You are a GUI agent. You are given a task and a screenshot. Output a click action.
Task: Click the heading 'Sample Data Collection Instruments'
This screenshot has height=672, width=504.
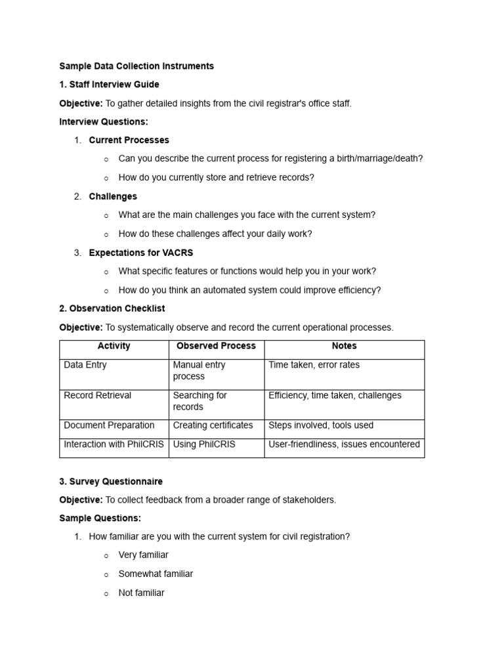point(136,66)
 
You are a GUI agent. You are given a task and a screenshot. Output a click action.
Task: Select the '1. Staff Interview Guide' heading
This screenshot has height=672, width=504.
point(109,85)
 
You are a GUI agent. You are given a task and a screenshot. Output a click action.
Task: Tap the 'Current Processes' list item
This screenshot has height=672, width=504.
point(129,140)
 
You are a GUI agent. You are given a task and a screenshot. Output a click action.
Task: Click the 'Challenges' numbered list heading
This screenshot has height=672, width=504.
point(113,196)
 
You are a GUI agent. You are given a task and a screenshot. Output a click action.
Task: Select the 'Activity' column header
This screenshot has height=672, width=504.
point(114,346)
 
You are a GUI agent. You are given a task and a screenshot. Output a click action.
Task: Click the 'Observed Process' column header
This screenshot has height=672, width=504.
point(216,346)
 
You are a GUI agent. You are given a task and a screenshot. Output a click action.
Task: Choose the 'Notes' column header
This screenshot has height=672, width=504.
point(344,346)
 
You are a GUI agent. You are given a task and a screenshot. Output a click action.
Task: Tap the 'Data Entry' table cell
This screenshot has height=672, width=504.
point(85,365)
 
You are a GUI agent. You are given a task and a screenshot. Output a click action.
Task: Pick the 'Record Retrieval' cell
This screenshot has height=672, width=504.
point(97,395)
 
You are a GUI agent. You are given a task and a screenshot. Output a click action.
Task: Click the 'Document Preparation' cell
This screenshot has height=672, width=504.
point(109,425)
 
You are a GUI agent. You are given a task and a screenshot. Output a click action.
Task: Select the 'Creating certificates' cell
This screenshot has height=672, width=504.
point(213,425)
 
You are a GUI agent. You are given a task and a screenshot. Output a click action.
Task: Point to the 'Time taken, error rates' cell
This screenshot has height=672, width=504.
point(314,365)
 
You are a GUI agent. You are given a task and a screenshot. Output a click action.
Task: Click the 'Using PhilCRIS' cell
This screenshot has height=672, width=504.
point(203,444)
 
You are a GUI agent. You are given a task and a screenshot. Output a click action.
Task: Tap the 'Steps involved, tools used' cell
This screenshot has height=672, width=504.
point(321,425)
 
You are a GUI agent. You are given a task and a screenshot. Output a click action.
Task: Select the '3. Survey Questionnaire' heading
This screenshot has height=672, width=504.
point(111,482)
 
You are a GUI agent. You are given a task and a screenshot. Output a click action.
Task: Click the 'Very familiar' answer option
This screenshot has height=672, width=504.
point(143,555)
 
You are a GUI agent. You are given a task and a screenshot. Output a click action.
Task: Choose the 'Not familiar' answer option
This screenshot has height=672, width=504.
point(141,593)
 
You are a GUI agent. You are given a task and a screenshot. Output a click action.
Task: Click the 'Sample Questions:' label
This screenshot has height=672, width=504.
point(100,518)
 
